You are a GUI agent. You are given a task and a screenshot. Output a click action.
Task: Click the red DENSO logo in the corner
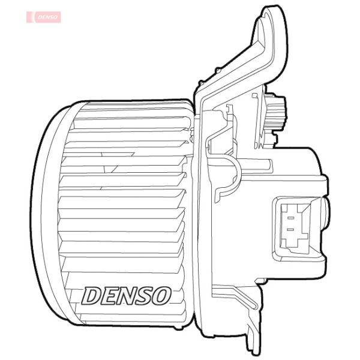pos(44,17)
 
